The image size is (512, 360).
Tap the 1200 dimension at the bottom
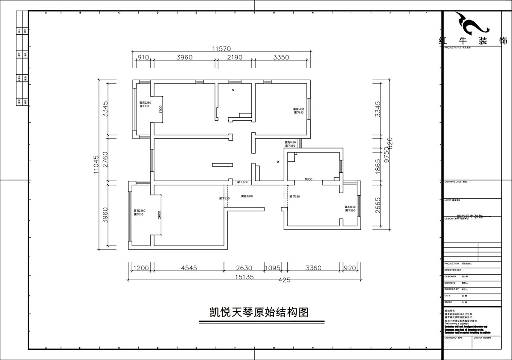[141, 268]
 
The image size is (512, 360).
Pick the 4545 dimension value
[189, 268]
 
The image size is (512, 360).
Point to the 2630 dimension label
[244, 268]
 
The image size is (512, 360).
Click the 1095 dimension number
[273, 268]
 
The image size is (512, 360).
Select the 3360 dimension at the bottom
[313, 268]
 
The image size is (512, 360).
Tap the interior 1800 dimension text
[308, 180]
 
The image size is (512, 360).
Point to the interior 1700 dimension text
[160, 110]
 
